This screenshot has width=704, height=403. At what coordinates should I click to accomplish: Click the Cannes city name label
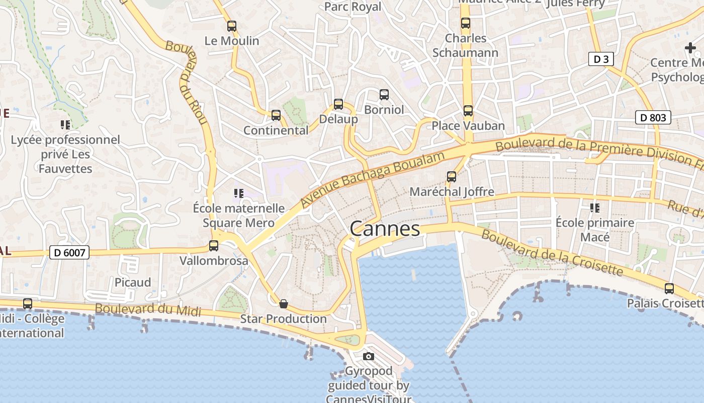[x=385, y=229]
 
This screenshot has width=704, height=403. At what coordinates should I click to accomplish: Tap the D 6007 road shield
[x=69, y=252]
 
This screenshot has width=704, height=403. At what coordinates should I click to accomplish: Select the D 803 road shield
[x=653, y=118]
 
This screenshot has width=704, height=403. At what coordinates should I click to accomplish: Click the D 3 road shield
[x=601, y=59]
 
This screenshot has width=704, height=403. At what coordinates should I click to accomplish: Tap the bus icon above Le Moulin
[x=231, y=26]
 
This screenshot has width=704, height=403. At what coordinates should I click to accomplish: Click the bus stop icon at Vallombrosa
[x=214, y=246]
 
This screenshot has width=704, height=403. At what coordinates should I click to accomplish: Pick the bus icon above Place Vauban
[x=468, y=111]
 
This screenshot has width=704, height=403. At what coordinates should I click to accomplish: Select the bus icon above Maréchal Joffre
[x=452, y=177]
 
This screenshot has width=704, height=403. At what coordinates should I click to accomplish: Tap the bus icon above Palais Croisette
[x=669, y=289]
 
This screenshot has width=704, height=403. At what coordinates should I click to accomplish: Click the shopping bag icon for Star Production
[x=284, y=304]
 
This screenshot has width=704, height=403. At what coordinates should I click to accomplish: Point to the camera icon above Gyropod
[x=369, y=357]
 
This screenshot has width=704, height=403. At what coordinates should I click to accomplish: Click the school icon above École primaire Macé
[x=595, y=208]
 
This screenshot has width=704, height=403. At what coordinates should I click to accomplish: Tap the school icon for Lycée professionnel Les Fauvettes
[x=65, y=124]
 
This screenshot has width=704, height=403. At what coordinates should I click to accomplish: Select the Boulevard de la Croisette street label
[x=552, y=253]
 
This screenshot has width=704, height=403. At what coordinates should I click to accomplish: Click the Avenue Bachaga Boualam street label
[x=373, y=179]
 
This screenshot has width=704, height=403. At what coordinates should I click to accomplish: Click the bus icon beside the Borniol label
[x=384, y=94]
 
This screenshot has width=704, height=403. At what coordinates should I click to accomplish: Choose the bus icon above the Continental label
[x=276, y=115]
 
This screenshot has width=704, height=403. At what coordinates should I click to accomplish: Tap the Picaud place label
[x=133, y=282]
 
